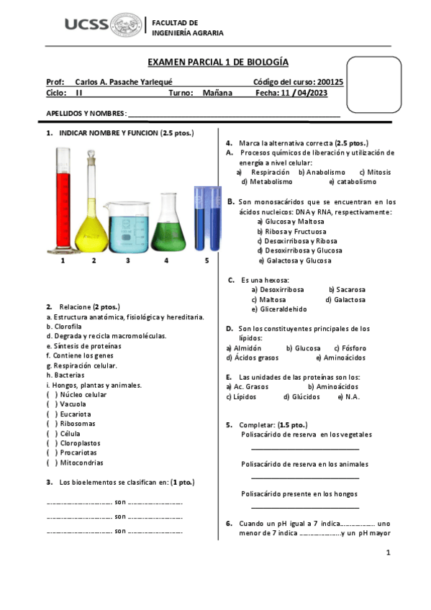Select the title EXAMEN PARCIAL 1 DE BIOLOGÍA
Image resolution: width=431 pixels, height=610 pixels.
point(213,63)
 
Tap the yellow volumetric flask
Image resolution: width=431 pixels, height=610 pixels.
point(91,209)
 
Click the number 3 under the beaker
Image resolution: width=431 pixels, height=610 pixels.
point(128,260)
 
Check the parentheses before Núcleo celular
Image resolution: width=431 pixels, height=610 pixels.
point(52,395)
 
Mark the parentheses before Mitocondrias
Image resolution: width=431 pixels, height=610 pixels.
point(52,463)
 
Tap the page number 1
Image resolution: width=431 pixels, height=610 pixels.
point(388,552)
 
